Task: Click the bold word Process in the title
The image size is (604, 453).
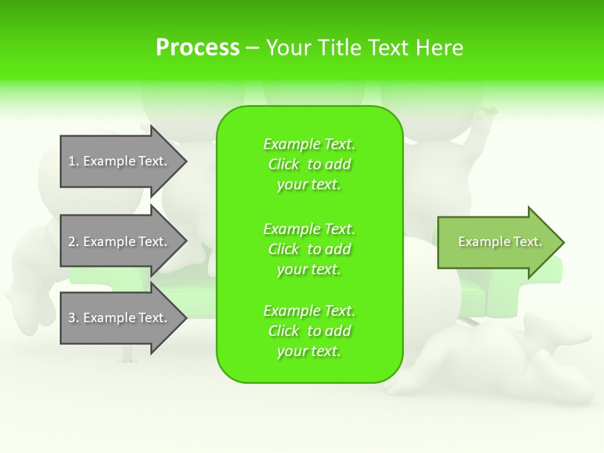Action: [198, 48]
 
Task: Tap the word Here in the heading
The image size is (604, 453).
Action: [440, 48]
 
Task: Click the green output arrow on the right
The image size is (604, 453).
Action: [497, 242]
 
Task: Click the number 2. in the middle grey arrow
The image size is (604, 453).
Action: [74, 242]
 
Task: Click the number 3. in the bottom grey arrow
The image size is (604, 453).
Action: [74, 318]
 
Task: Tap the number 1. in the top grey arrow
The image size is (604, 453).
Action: [74, 161]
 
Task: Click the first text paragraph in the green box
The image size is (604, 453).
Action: [309, 164]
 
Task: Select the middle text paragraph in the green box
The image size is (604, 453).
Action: [309, 249]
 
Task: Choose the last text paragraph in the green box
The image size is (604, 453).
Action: [309, 331]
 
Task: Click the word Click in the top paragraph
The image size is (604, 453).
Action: [284, 164]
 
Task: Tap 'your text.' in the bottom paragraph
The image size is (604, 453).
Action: [309, 352]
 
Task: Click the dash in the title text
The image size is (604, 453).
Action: [253, 48]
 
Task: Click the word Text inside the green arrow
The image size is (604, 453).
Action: [529, 242]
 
